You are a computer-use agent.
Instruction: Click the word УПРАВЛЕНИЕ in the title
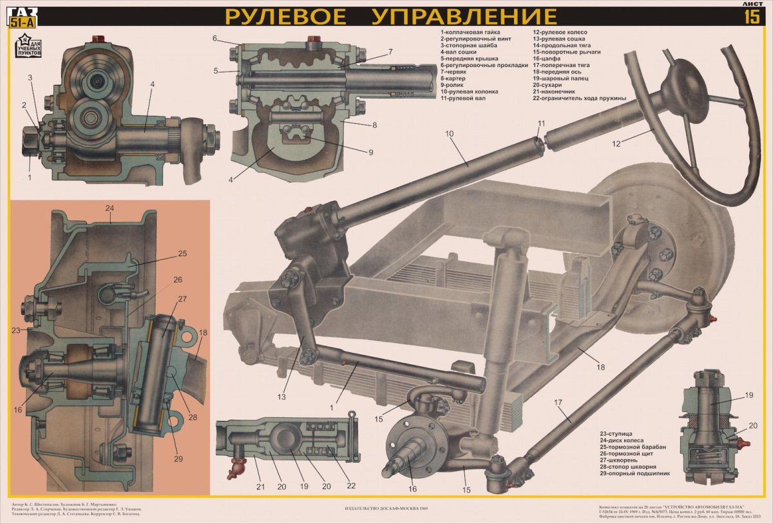click(x=464, y=15)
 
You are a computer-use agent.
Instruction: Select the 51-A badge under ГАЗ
click(x=23, y=23)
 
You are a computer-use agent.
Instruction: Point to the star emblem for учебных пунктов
click(x=27, y=43)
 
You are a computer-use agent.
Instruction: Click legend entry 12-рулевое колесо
click(x=560, y=32)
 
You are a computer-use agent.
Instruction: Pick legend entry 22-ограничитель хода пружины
click(x=579, y=98)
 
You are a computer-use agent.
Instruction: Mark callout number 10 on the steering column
click(x=450, y=133)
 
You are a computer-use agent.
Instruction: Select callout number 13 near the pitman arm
click(x=282, y=397)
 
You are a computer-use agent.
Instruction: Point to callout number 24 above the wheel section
click(x=110, y=208)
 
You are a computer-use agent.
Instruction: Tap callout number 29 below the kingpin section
click(x=178, y=458)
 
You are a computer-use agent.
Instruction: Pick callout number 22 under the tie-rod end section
click(x=350, y=486)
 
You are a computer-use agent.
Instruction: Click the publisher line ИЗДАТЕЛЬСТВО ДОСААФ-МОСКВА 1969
click(x=386, y=509)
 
